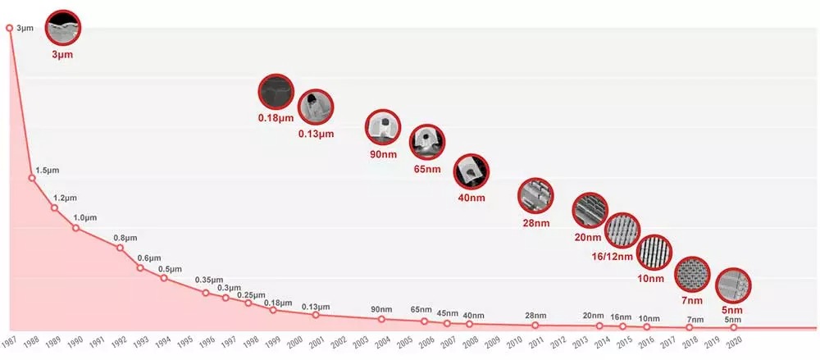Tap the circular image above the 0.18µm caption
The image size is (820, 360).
276,93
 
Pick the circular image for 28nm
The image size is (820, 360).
535,195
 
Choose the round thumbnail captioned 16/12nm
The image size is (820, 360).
622,230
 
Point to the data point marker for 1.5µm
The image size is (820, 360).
32,178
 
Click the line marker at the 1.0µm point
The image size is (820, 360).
76,227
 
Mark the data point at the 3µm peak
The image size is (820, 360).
10,28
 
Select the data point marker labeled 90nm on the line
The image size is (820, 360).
381,319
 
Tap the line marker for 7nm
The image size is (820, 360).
690,327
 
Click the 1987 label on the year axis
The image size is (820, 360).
9,340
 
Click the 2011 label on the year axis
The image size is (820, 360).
535,340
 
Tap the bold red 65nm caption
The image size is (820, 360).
426,170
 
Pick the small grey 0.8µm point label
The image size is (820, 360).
126,238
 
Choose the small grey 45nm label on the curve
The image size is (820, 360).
448,312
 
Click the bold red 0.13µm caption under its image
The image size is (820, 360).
316,134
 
